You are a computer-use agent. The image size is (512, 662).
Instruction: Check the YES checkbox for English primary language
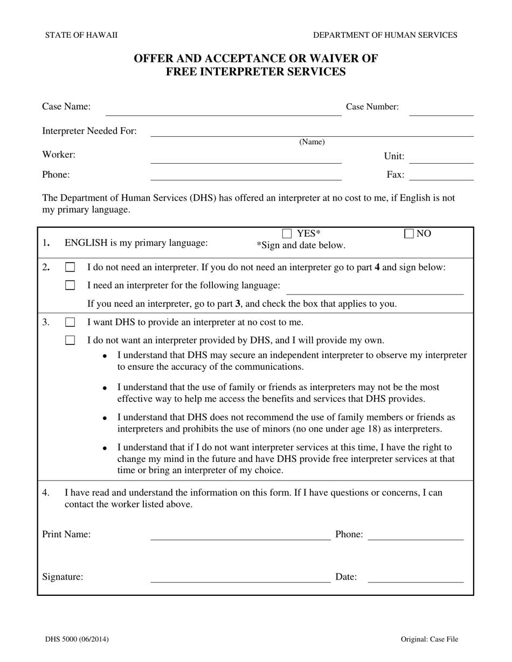tap(287, 234)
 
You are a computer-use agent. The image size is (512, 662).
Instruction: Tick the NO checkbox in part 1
tap(409, 234)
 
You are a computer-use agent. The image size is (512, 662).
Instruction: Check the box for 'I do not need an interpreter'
tap(70, 267)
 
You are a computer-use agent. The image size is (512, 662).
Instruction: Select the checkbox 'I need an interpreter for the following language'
tap(70, 285)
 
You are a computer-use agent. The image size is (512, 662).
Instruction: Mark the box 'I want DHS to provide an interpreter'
tap(70, 322)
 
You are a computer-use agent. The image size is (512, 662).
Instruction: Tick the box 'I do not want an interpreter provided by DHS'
tap(70, 340)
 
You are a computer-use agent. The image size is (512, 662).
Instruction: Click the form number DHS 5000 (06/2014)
tap(77, 639)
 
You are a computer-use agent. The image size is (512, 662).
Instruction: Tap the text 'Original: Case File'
tap(429, 639)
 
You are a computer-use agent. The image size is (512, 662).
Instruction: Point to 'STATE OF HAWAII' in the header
tap(81, 35)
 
